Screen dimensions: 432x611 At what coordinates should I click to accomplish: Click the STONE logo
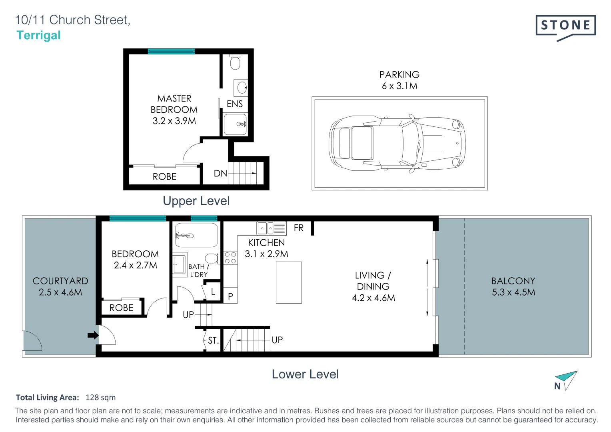565,26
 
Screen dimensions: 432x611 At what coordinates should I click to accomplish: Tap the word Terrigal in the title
39,35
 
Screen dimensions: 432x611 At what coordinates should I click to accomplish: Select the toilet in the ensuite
235,63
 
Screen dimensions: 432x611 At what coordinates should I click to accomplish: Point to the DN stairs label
220,173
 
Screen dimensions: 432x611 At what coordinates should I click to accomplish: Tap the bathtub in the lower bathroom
196,236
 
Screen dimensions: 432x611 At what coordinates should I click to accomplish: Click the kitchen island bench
289,282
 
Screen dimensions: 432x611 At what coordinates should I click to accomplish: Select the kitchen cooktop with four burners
230,258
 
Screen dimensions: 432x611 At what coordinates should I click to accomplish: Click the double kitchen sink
266,228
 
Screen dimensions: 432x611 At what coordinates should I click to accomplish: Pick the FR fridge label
298,228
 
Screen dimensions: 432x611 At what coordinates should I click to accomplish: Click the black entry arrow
93,335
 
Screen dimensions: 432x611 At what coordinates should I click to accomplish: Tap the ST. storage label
213,340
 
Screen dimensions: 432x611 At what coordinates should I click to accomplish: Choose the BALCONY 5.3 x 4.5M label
513,286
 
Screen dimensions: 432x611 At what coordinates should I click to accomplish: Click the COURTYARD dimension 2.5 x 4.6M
60,292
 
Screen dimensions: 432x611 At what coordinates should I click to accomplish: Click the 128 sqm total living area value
100,397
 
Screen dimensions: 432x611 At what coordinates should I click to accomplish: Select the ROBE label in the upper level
164,176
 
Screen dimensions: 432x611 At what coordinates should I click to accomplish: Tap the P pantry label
230,296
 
